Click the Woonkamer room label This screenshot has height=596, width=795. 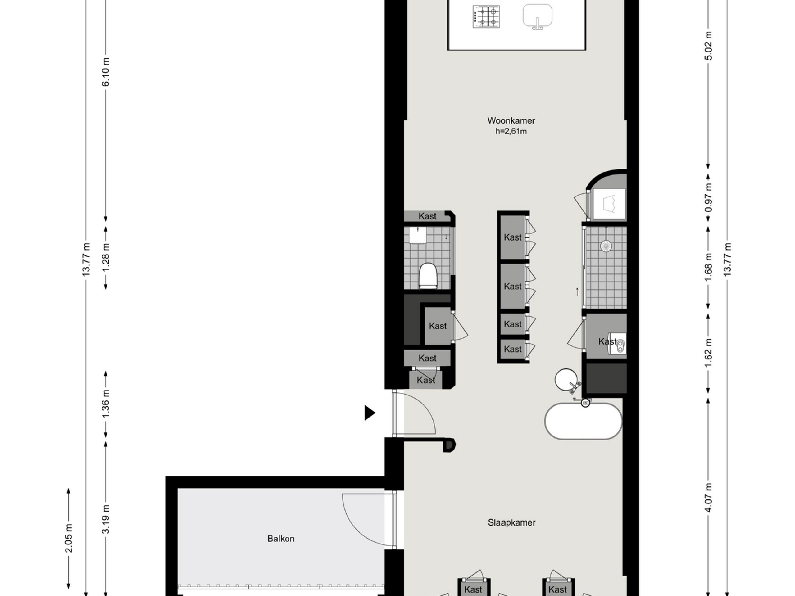(x=511, y=121)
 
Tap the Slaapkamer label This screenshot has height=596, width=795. (x=511, y=522)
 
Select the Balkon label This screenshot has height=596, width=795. (x=281, y=539)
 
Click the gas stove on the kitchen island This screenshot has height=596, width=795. (x=486, y=17)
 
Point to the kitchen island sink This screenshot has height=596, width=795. (x=537, y=16)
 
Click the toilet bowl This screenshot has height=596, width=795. (x=428, y=276)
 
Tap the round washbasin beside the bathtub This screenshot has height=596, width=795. (x=566, y=380)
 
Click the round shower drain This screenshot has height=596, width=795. (x=606, y=246)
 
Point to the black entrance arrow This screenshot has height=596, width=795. (x=370, y=413)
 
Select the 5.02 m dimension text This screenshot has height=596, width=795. (x=708, y=46)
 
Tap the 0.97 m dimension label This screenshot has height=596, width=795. (x=708, y=198)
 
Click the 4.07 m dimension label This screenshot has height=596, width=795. (x=708, y=498)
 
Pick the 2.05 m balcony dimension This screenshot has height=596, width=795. (x=69, y=538)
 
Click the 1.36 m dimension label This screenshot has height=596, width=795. (x=106, y=404)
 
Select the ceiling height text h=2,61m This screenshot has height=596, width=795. (x=511, y=132)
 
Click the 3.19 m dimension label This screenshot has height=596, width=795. (x=106, y=519)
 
